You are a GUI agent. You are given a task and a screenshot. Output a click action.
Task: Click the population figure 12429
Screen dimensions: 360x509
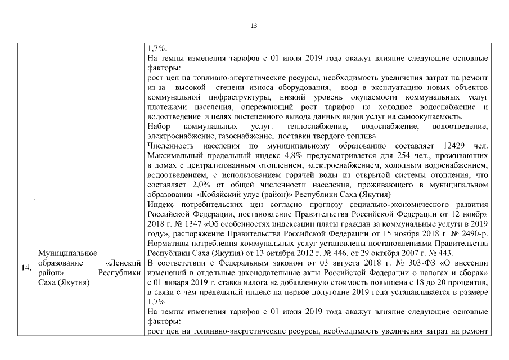(446, 146)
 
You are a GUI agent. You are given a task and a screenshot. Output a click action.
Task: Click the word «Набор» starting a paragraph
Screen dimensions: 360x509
(159, 127)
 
